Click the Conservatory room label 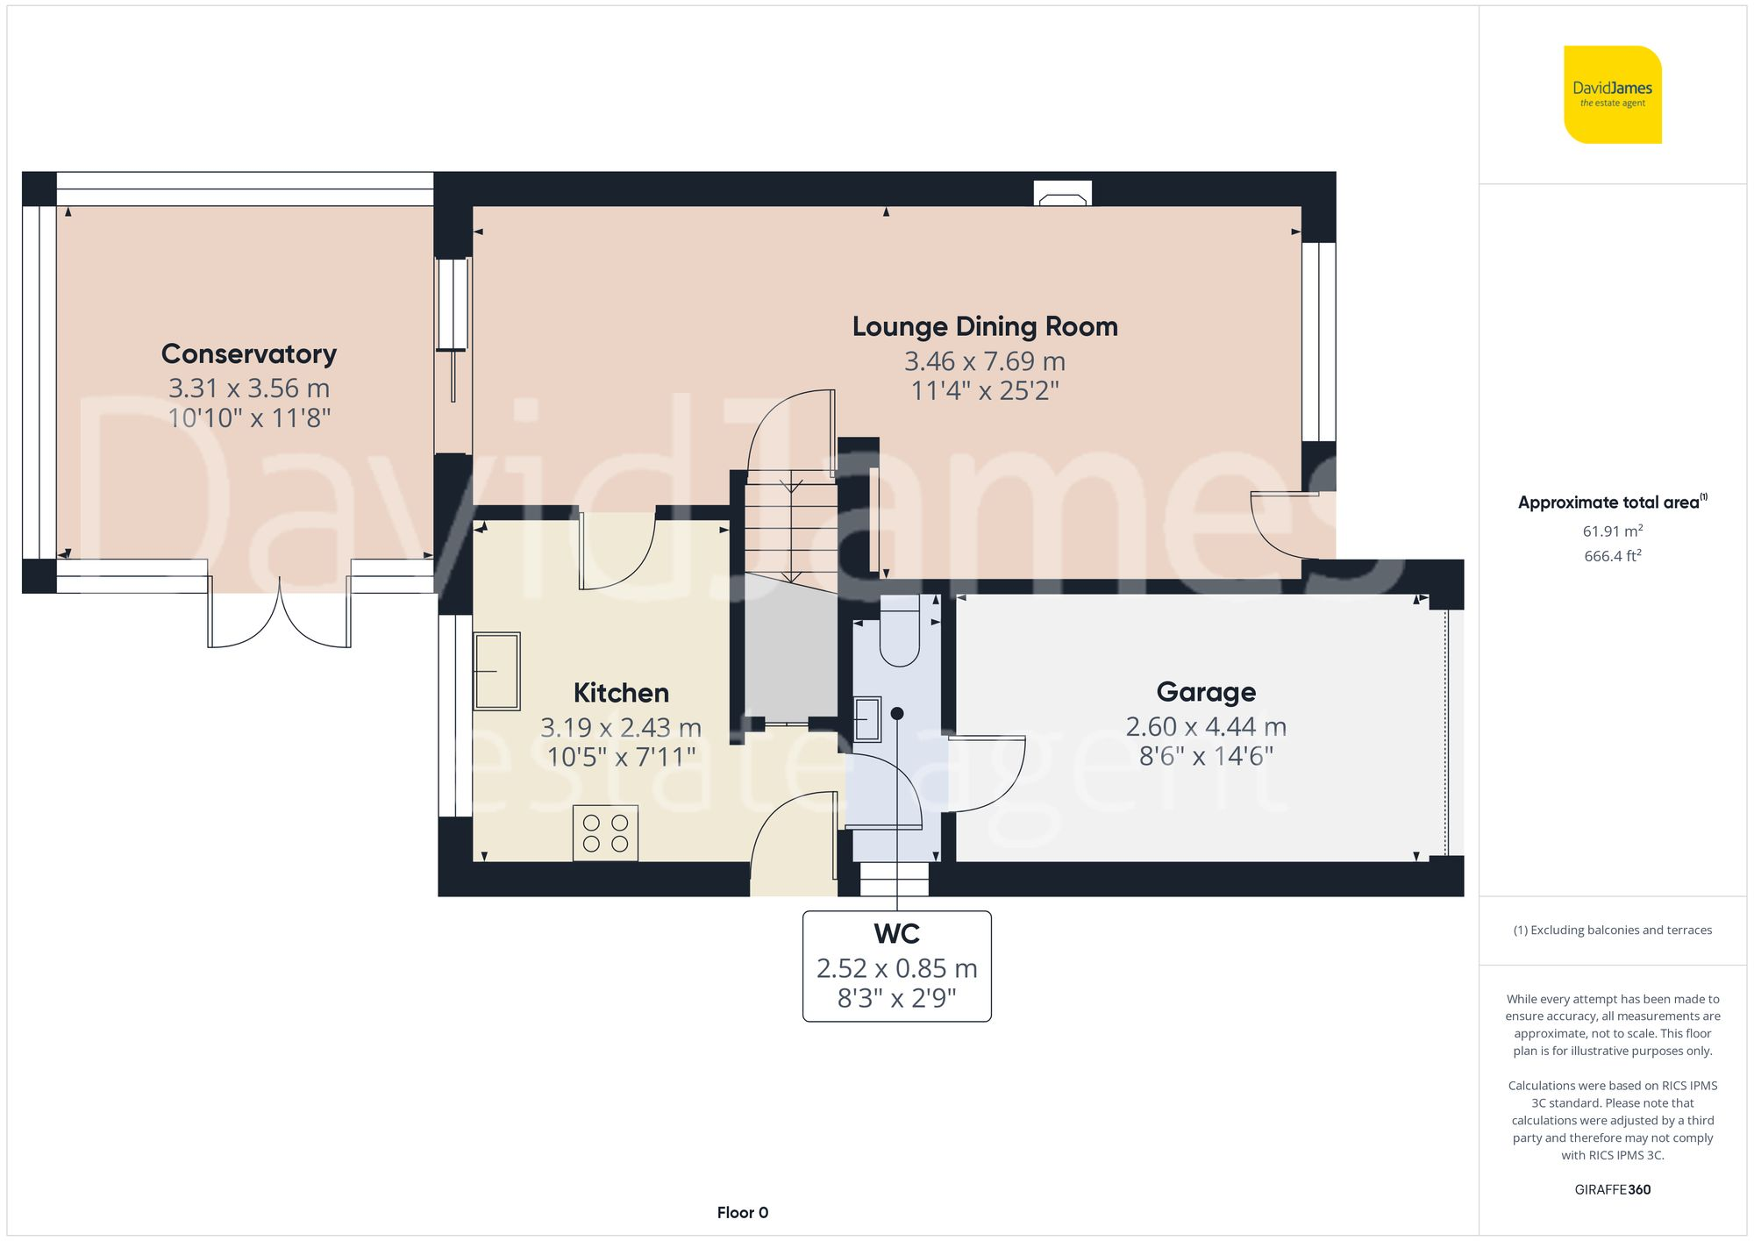coord(249,354)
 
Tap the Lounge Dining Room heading coord(985,327)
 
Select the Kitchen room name coord(621,693)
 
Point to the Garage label coord(1206,692)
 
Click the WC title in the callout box coord(896,934)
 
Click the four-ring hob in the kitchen coord(605,833)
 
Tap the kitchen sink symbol coord(496,671)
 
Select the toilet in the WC coord(899,631)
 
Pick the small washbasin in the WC coord(867,719)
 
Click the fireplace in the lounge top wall coord(1063,194)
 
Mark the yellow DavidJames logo coord(1612,95)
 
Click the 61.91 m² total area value coord(1612,531)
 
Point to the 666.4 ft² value coord(1612,556)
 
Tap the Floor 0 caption coord(742,1213)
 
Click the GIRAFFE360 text coord(1612,1190)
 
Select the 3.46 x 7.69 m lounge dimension coord(985,361)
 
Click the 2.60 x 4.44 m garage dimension coord(1206,727)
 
